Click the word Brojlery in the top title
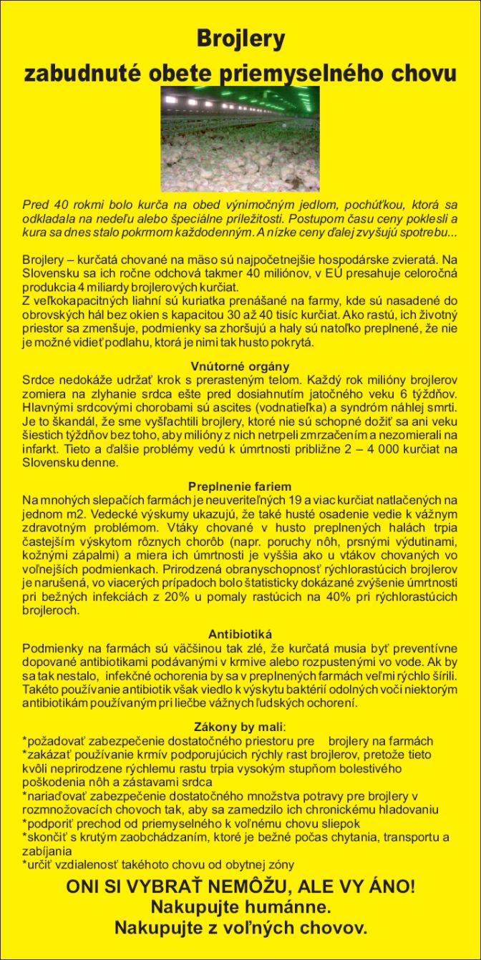tap(240, 38)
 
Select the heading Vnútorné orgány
tap(240, 366)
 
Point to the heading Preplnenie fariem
tap(240, 486)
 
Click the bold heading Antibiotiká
tap(240, 634)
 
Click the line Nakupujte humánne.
tap(240, 908)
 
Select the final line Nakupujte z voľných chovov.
tap(240, 929)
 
